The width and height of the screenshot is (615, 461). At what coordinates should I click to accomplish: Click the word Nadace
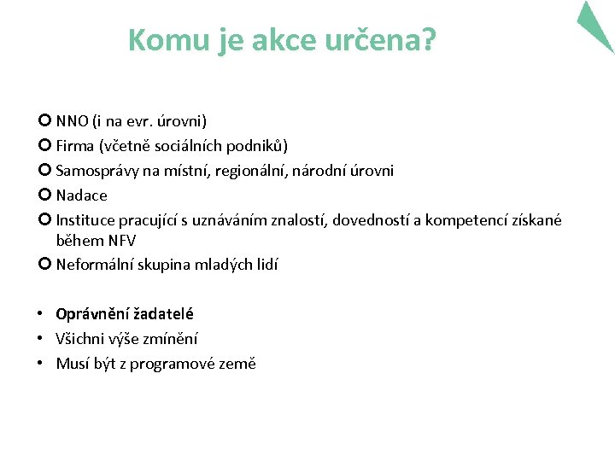click(x=82, y=195)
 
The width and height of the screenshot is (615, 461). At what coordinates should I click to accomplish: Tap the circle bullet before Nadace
click(x=44, y=195)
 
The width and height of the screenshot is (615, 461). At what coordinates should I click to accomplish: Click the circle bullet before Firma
click(x=44, y=145)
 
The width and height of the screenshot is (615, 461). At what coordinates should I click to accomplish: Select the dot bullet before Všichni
click(x=41, y=339)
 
